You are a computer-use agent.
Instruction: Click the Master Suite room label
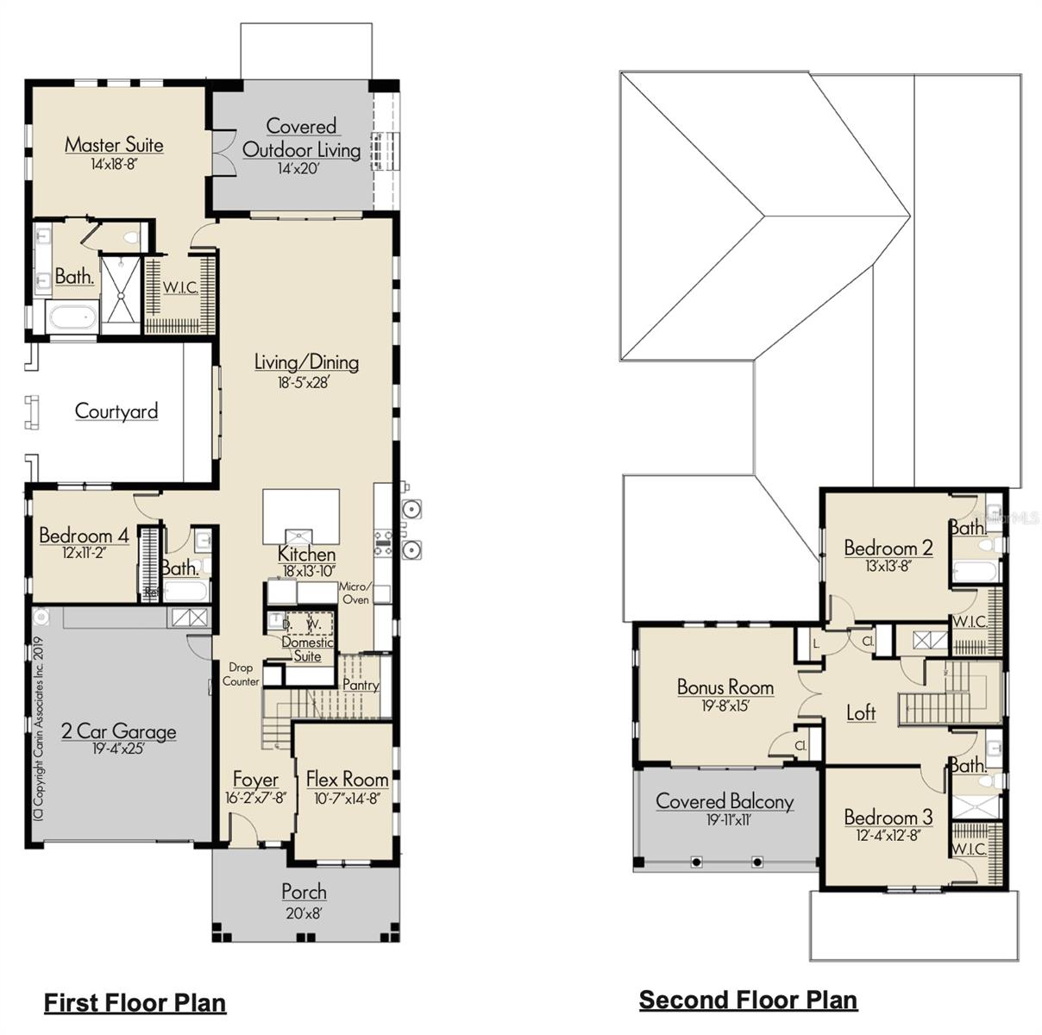pyautogui.click(x=114, y=144)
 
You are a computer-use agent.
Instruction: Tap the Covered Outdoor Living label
pyautogui.click(x=301, y=138)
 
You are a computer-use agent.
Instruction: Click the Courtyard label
pyautogui.click(x=116, y=411)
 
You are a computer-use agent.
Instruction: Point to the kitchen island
pyautogui.click(x=300, y=516)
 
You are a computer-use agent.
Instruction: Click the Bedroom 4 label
pyautogui.click(x=84, y=536)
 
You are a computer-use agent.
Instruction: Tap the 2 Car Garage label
pyautogui.click(x=118, y=731)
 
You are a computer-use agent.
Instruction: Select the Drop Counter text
pyautogui.click(x=241, y=674)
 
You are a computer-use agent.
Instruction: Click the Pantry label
pyautogui.click(x=361, y=685)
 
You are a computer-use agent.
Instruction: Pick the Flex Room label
pyautogui.click(x=347, y=779)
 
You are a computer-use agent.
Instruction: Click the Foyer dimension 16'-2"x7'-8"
pyautogui.click(x=254, y=798)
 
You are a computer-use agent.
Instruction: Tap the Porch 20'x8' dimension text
pyautogui.click(x=304, y=913)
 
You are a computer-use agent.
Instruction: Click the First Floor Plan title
pyautogui.click(x=135, y=1002)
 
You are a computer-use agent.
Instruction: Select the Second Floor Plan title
pyautogui.click(x=748, y=1000)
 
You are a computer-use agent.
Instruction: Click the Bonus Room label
pyautogui.click(x=725, y=687)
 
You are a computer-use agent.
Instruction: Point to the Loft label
pyautogui.click(x=860, y=712)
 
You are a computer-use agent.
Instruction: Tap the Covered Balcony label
pyautogui.click(x=725, y=801)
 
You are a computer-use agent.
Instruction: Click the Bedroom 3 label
pyautogui.click(x=888, y=817)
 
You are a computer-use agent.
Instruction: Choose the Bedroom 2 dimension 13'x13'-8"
pyautogui.click(x=888, y=566)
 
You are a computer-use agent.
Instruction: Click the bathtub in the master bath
pyautogui.click(x=72, y=317)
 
